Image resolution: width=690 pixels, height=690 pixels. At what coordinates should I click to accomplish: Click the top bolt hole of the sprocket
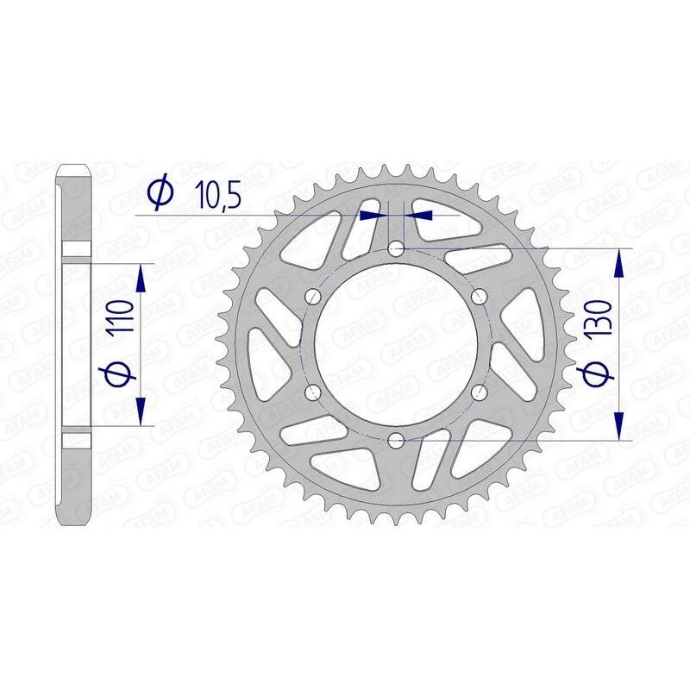pos(396,249)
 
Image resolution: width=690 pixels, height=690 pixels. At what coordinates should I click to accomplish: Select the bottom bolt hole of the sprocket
pos(396,441)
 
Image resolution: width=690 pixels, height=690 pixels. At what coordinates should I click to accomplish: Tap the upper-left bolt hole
pos(313,297)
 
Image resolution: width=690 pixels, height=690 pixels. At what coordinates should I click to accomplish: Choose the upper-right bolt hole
pos(479,297)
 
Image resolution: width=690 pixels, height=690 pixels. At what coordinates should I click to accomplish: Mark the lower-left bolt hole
pos(313,393)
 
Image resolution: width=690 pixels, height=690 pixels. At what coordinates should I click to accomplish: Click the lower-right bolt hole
pos(479,393)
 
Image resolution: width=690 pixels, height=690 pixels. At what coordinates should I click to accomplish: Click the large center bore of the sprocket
pos(396,345)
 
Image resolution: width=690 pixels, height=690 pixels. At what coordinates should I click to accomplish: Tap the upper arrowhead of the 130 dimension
pos(619,263)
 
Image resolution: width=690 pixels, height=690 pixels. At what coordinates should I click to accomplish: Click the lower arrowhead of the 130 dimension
pos(619,427)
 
